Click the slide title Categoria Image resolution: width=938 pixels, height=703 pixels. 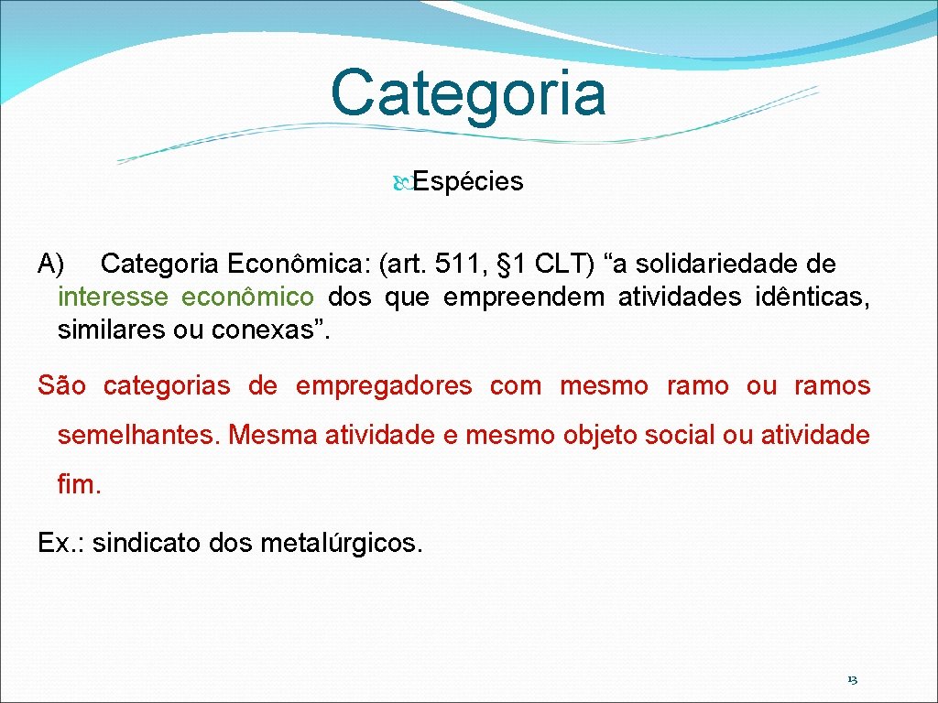[x=468, y=92]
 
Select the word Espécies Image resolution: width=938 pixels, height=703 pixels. [x=467, y=182]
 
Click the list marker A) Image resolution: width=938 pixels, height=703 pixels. [x=50, y=265]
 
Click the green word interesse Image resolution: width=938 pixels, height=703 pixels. [x=113, y=297]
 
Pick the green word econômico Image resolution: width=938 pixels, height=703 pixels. [x=247, y=297]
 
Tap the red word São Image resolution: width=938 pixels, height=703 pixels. [x=62, y=386]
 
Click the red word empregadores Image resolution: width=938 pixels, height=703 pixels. [x=384, y=386]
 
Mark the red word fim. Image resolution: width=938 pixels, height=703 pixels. [x=79, y=485]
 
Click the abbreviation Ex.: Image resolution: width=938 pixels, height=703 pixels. [x=61, y=544]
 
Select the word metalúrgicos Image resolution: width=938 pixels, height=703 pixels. [x=342, y=544]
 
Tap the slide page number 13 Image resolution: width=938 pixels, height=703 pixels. [x=852, y=680]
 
